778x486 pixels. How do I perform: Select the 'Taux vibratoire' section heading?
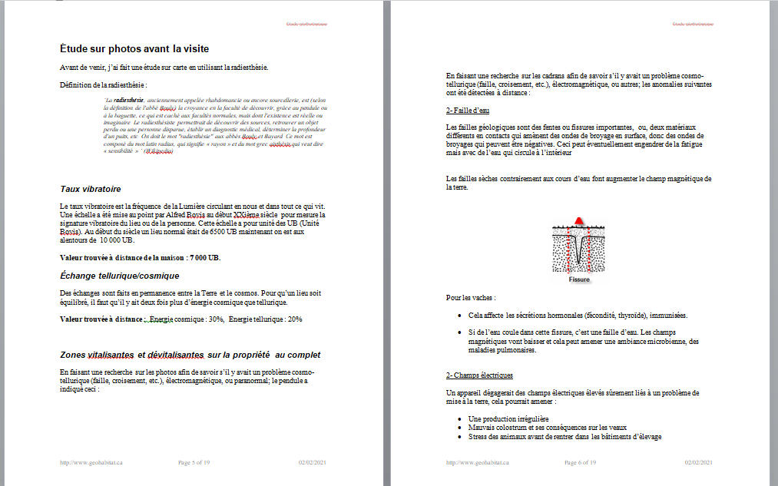click(x=90, y=189)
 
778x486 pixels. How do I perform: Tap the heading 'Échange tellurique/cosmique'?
click(x=119, y=276)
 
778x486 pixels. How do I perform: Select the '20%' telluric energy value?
click(x=294, y=319)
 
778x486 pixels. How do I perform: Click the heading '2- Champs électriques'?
click(x=479, y=375)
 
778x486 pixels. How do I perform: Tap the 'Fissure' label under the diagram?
click(x=579, y=279)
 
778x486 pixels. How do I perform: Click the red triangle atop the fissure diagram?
click(x=581, y=223)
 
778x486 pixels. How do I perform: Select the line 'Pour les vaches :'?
click(x=471, y=297)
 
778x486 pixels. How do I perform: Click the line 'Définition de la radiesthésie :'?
click(x=104, y=84)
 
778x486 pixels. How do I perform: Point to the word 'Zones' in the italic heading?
click(x=73, y=355)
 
